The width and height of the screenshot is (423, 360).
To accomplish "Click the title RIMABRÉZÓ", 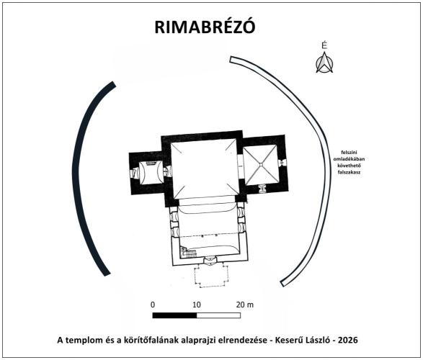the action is (205, 27).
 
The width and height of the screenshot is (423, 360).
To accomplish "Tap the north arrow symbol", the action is (324, 63).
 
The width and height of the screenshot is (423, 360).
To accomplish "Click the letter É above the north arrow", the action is (324, 45).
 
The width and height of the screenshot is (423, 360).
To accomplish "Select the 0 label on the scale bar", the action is (153, 305).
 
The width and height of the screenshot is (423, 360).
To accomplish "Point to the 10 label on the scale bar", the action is (197, 305).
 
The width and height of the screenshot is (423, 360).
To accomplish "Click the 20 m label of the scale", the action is (245, 305).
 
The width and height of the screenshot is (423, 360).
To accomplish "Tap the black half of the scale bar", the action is (174, 315).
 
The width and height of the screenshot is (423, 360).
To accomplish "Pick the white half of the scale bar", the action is (218, 315).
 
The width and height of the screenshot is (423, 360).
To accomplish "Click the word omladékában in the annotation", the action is (349, 159).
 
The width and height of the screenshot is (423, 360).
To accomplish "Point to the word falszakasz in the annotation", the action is (349, 173).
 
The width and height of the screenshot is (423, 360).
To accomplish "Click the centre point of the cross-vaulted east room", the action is (261, 164).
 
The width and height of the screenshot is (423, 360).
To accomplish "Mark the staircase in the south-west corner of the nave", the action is (188, 252).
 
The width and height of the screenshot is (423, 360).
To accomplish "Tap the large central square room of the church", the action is (205, 169).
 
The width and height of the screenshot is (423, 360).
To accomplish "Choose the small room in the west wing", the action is (151, 173).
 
